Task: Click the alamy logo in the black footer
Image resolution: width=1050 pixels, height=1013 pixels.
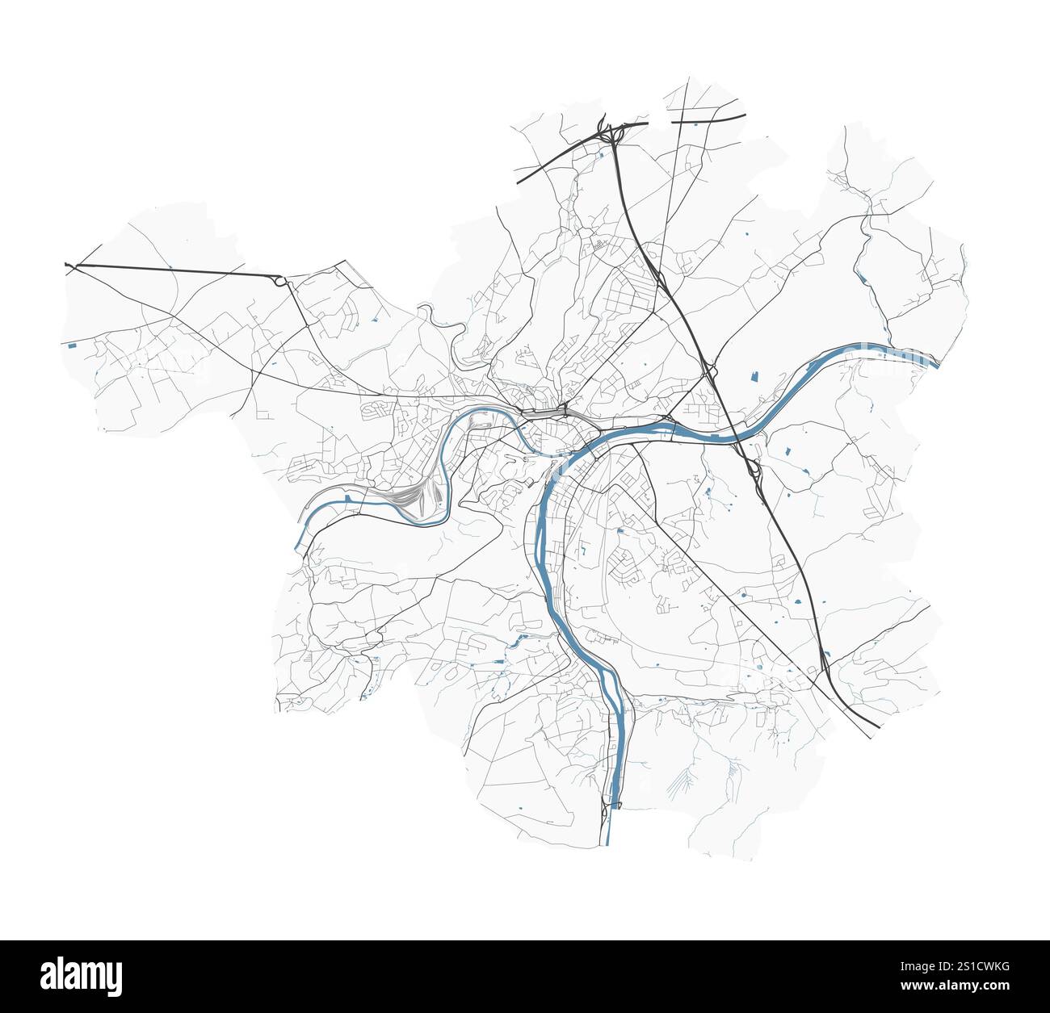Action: coord(83,975)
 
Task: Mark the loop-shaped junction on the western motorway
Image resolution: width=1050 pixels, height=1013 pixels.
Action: coord(280,281)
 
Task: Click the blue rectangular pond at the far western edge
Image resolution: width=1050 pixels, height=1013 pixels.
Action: coord(73,345)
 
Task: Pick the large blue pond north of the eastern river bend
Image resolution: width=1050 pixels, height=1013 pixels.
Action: coord(757,375)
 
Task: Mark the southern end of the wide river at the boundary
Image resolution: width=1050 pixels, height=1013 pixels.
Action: coord(607,843)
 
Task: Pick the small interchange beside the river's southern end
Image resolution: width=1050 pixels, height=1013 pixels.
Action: coord(608,807)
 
